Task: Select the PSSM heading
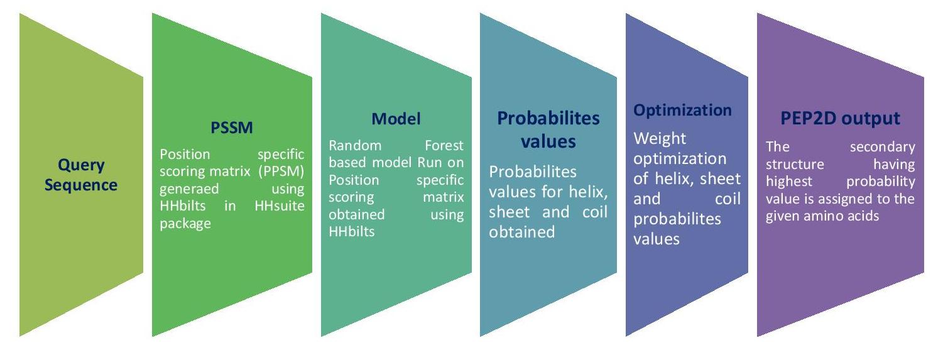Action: point(231,129)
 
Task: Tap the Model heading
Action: point(396,119)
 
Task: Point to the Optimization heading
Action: point(682,111)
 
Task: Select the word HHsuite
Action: point(281,205)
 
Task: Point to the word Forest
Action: point(444,146)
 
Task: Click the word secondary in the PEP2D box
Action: point(882,148)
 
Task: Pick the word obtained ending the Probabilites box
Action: point(521,232)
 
